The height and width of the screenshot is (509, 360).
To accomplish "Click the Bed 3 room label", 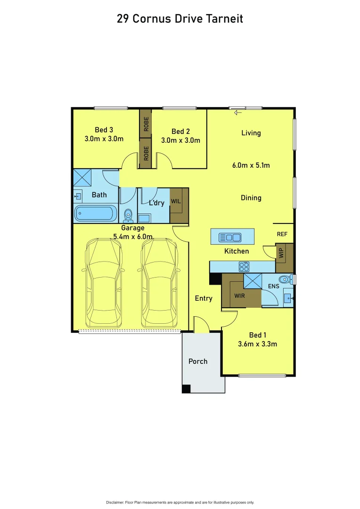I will pyautogui.click(x=104, y=130).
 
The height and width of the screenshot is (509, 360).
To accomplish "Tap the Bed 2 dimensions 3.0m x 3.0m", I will pyautogui.click(x=180, y=140).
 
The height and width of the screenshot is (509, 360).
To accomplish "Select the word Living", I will pyautogui.click(x=251, y=133).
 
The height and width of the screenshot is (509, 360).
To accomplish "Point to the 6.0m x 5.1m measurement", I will pyautogui.click(x=251, y=165).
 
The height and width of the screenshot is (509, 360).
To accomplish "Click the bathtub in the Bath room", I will pyautogui.click(x=96, y=213).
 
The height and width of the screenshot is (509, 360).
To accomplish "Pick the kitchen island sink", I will pyautogui.click(x=232, y=237).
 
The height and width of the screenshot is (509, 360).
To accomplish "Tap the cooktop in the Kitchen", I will pyautogui.click(x=244, y=266).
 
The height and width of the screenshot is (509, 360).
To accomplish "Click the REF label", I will pyautogui.click(x=282, y=234).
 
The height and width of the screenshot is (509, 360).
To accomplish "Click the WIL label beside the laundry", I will pyautogui.click(x=176, y=201).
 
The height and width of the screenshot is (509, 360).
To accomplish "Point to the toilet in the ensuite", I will pyautogui.click(x=284, y=279).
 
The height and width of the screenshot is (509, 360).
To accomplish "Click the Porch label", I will pyautogui.click(x=198, y=361).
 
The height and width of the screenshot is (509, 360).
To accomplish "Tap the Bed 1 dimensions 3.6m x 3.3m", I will pyautogui.click(x=257, y=344).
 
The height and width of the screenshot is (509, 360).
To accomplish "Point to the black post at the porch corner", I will pyautogui.click(x=186, y=389).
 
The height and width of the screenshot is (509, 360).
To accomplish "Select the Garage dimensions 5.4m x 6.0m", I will pyautogui.click(x=133, y=237).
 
